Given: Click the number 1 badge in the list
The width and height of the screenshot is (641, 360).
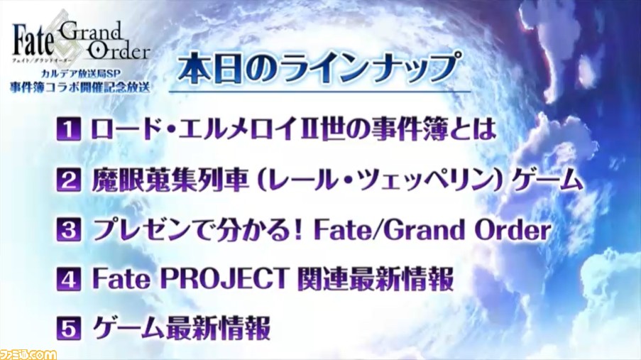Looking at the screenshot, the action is pyautogui.click(x=68, y=129).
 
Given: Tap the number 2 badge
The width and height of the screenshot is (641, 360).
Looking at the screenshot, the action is pyautogui.click(x=68, y=180).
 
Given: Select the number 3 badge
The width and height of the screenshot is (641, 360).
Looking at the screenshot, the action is pyautogui.click(x=68, y=230).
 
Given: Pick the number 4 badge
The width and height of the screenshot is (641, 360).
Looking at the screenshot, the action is pyautogui.click(x=68, y=280).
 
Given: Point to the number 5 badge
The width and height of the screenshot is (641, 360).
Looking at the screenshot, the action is pyautogui.click(x=68, y=328).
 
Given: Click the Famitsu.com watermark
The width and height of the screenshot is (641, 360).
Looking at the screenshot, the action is pyautogui.click(x=28, y=354).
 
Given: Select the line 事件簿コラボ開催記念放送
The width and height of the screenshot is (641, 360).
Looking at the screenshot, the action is pyautogui.click(x=80, y=88).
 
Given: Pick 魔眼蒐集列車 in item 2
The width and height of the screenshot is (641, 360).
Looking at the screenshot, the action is pyautogui.click(x=170, y=180).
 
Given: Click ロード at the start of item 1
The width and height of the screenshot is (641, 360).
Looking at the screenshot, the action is pyautogui.click(x=126, y=129).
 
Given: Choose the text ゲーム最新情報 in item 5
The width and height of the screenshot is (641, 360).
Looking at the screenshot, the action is pyautogui.click(x=182, y=328).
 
